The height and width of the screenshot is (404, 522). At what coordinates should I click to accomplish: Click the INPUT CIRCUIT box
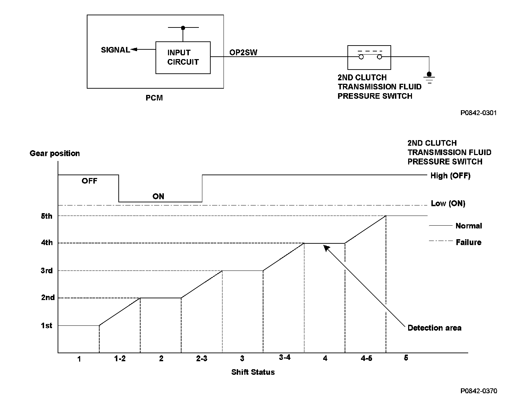(183, 57)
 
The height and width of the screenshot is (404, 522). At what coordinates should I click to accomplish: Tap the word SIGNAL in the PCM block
(115, 50)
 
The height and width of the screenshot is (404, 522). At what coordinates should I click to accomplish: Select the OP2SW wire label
(243, 52)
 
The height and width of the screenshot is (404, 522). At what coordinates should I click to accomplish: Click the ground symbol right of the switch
(429, 78)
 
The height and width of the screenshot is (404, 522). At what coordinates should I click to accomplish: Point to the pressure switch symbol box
(369, 57)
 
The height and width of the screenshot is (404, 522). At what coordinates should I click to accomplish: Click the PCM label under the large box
(154, 98)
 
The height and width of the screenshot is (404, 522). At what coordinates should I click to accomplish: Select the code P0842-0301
(479, 113)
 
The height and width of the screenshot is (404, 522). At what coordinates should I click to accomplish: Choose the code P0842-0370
(479, 391)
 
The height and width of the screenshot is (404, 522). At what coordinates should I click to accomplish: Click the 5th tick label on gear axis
(47, 216)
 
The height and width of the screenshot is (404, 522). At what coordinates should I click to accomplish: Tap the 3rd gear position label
(47, 270)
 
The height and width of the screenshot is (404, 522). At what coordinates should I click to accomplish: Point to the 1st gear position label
(47, 325)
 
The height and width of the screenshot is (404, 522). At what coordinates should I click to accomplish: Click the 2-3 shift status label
(202, 358)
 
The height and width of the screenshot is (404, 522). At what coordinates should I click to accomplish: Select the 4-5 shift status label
(366, 358)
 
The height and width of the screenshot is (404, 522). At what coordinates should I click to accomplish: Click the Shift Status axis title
(253, 372)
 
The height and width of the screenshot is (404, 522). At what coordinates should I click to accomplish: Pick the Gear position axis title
(55, 153)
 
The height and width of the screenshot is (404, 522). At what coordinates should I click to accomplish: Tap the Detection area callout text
(434, 328)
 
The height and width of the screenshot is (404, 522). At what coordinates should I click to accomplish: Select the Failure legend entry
(468, 242)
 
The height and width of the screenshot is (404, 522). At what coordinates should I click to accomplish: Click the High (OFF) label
(450, 176)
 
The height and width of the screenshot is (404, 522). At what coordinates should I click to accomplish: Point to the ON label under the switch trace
(158, 196)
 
